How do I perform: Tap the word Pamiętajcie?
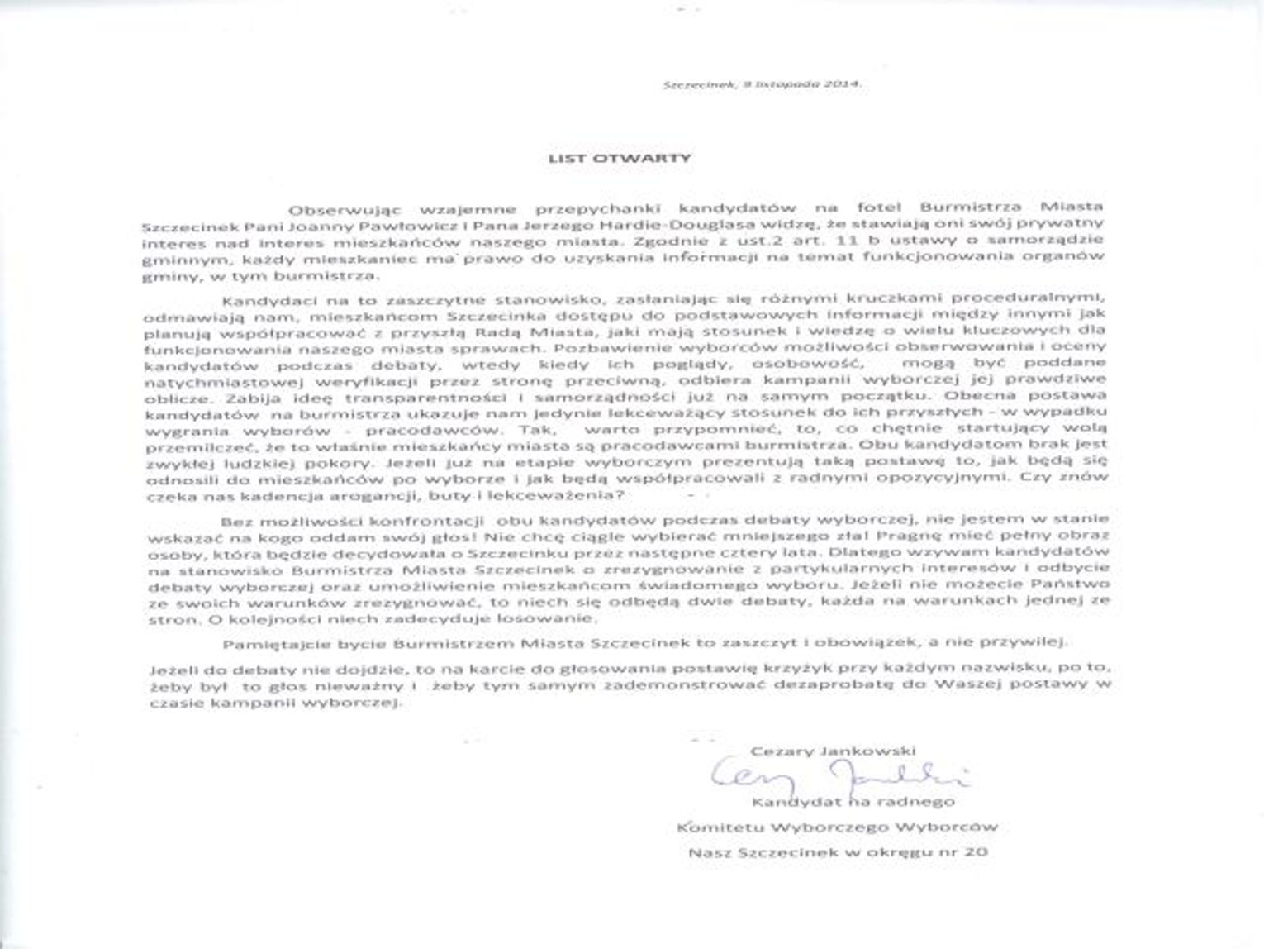pos(269,642)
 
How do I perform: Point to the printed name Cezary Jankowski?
pos(834,751)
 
